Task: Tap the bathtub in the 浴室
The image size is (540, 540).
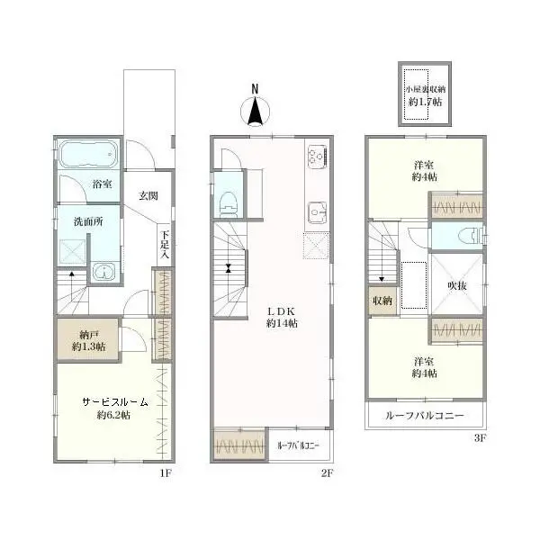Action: click(x=89, y=154)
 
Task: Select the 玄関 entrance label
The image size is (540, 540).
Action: click(x=148, y=196)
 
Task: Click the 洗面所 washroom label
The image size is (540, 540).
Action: click(x=88, y=221)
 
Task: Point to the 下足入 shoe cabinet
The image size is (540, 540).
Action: click(x=165, y=245)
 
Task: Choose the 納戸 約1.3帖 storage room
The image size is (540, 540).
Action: click(x=88, y=340)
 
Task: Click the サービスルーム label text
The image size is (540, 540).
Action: click(x=115, y=402)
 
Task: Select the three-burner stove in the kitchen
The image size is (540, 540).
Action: click(x=317, y=155)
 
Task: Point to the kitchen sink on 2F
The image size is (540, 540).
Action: click(x=317, y=212)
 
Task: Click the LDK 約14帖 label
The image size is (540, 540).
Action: click(x=282, y=318)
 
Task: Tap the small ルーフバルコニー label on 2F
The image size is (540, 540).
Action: click(x=298, y=445)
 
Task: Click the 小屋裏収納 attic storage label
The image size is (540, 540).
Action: click(x=425, y=89)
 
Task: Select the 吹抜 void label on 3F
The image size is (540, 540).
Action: click(x=457, y=285)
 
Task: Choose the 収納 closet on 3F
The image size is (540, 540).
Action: click(x=382, y=301)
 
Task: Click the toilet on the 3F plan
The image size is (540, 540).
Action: click(x=471, y=236)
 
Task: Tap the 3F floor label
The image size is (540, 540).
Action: click(x=480, y=438)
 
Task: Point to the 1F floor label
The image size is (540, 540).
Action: click(x=166, y=473)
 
